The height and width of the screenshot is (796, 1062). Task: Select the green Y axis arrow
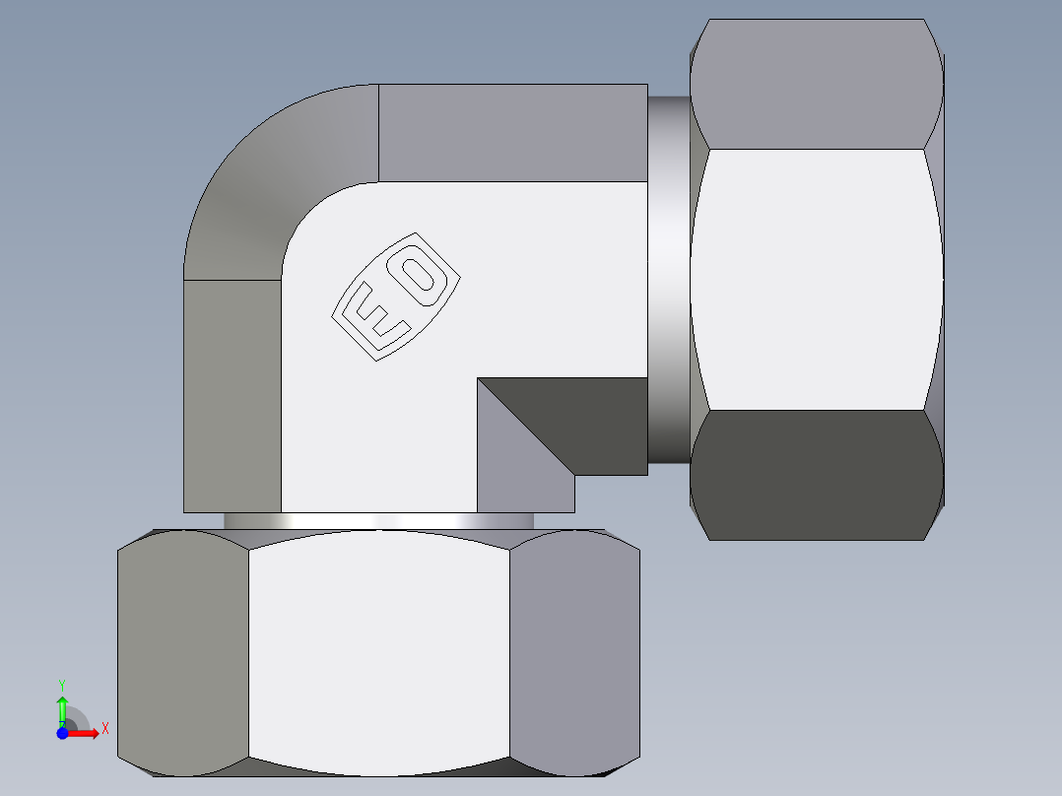62,709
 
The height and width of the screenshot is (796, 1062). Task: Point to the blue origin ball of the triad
62,733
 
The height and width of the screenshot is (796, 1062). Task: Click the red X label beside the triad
104,728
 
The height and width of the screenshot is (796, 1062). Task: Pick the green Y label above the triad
61,683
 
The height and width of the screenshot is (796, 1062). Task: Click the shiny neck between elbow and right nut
669,279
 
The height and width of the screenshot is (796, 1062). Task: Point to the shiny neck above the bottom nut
378,521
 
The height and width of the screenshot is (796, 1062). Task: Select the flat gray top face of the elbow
512,133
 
